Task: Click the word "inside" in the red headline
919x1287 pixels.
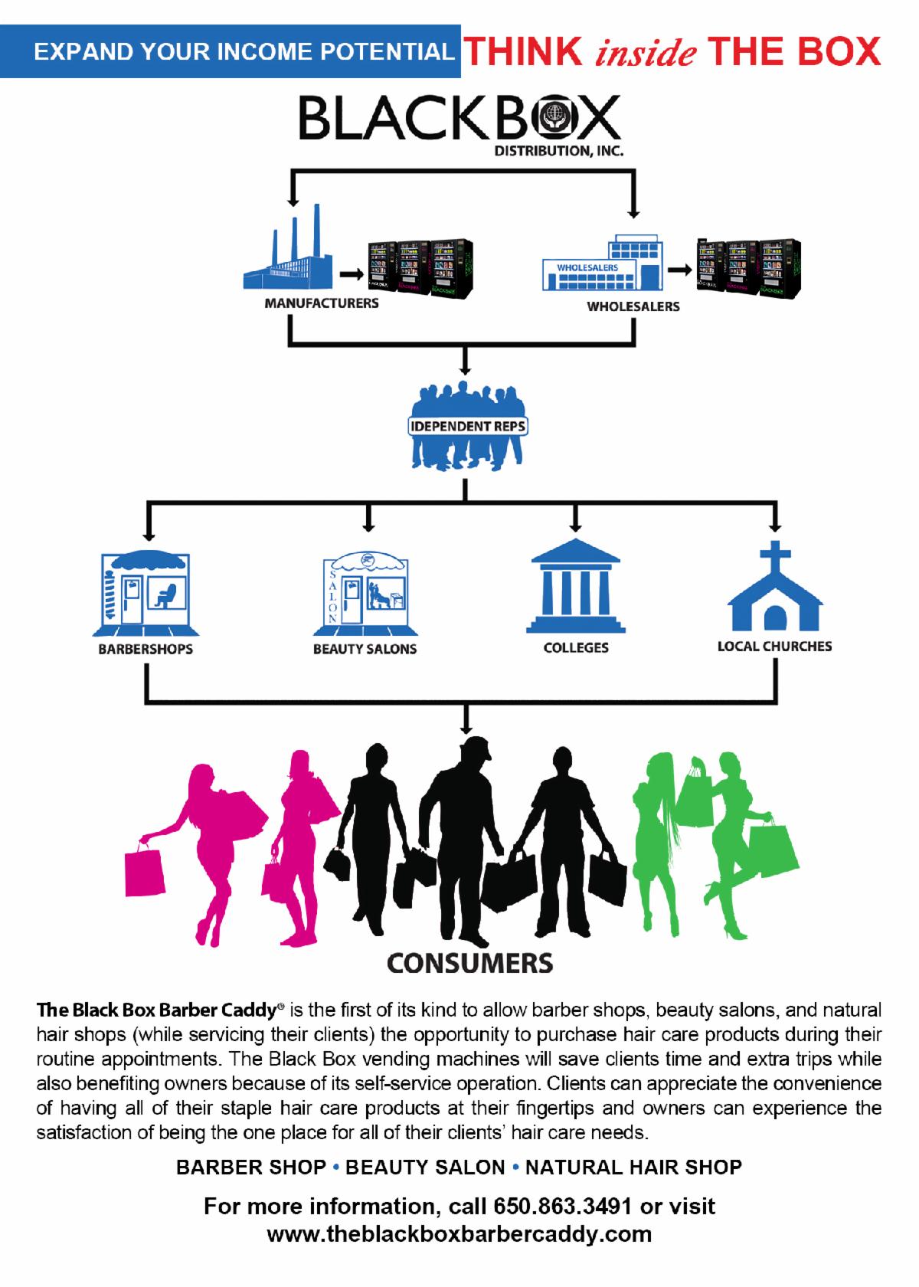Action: pyautogui.click(x=646, y=52)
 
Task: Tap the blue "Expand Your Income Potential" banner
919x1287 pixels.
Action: pyautogui.click(x=230, y=51)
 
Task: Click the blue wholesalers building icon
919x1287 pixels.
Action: pyautogui.click(x=603, y=263)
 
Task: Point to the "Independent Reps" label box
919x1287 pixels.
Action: pyautogui.click(x=467, y=426)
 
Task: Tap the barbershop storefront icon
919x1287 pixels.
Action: pyautogui.click(x=146, y=594)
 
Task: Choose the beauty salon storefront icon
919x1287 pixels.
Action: pyautogui.click(x=365, y=594)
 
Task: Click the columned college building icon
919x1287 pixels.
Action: pyautogui.click(x=576, y=586)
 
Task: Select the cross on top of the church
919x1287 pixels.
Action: pyautogui.click(x=775, y=558)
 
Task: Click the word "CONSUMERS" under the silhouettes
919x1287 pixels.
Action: pyautogui.click(x=470, y=964)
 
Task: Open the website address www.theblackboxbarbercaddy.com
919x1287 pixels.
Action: pyautogui.click(x=459, y=1235)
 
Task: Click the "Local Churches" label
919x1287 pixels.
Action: pyautogui.click(x=774, y=647)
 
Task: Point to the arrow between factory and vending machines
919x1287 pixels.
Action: pyautogui.click(x=352, y=274)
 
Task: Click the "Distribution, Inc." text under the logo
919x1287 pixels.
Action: pyautogui.click(x=559, y=150)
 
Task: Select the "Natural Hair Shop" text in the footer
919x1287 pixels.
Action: pyautogui.click(x=633, y=1167)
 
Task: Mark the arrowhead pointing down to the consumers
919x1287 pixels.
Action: pyautogui.click(x=466, y=728)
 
